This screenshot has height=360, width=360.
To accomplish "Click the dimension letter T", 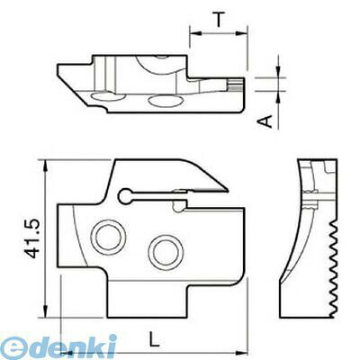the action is [220, 20].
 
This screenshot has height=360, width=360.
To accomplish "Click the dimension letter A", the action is [265, 121].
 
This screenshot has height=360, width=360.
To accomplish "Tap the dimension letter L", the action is [154, 339].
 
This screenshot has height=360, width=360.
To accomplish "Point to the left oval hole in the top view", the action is [109, 97].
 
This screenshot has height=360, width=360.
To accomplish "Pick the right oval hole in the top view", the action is [165, 101].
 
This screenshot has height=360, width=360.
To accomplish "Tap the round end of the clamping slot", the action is [125, 196].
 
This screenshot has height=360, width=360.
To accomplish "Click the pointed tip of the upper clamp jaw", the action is [228, 190].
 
